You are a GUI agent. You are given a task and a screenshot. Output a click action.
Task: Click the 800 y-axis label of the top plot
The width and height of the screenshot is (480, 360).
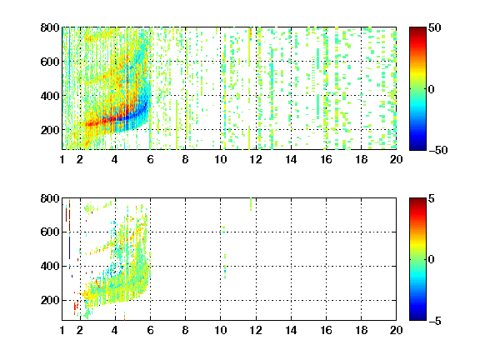(x=50, y=27)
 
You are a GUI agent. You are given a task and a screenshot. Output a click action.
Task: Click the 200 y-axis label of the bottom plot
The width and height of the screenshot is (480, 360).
(x=50, y=300)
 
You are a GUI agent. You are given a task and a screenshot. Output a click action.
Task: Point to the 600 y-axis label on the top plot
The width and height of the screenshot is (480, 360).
(x=50, y=62)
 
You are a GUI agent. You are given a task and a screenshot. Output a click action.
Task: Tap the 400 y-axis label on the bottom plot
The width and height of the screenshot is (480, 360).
(x=50, y=266)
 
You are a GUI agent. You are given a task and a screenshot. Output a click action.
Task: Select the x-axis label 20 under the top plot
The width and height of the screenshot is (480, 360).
(x=396, y=159)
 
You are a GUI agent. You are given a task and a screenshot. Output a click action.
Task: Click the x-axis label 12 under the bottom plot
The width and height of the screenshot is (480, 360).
(x=256, y=330)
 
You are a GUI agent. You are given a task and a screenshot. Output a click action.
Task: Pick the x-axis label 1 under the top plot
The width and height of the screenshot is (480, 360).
(x=62, y=159)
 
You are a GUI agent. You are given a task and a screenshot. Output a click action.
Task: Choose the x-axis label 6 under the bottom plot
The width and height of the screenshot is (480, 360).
(x=150, y=330)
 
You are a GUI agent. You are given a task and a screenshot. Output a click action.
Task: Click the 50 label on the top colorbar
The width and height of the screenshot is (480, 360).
(x=434, y=27)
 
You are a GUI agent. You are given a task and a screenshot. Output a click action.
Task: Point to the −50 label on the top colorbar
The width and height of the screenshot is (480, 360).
(x=438, y=150)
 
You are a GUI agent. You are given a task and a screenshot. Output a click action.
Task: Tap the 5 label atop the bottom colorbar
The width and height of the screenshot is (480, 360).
(x=432, y=198)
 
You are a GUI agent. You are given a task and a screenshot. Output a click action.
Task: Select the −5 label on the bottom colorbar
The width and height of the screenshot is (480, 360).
(x=435, y=321)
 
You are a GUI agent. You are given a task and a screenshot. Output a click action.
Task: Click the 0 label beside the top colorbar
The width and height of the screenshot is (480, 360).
(x=431, y=89)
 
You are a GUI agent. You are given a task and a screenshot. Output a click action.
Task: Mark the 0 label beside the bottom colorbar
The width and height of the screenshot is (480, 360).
(x=431, y=260)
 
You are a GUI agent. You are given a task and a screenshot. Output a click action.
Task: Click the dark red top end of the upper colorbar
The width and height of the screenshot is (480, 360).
(x=417, y=28)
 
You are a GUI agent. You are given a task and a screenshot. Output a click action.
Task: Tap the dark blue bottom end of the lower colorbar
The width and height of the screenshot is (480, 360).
(x=417, y=318)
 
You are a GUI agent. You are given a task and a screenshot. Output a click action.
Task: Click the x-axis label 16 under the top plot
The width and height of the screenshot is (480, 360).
(x=326, y=159)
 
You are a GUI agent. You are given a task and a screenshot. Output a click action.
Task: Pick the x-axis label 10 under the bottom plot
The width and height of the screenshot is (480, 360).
(x=220, y=330)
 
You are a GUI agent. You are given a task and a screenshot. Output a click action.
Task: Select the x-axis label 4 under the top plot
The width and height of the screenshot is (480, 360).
(x=115, y=159)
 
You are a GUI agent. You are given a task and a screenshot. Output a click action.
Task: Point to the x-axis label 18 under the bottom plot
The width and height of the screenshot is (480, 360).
(x=361, y=330)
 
